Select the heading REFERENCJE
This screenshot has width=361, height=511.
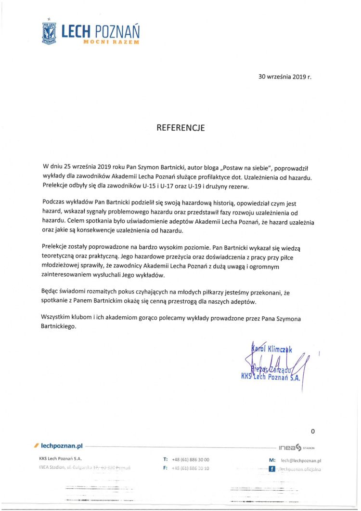180,128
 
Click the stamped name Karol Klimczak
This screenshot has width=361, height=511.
272,348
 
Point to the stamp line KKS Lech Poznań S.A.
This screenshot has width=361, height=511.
270,377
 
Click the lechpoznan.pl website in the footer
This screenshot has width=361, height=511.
63,447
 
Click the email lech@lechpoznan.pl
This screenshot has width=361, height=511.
301,460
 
